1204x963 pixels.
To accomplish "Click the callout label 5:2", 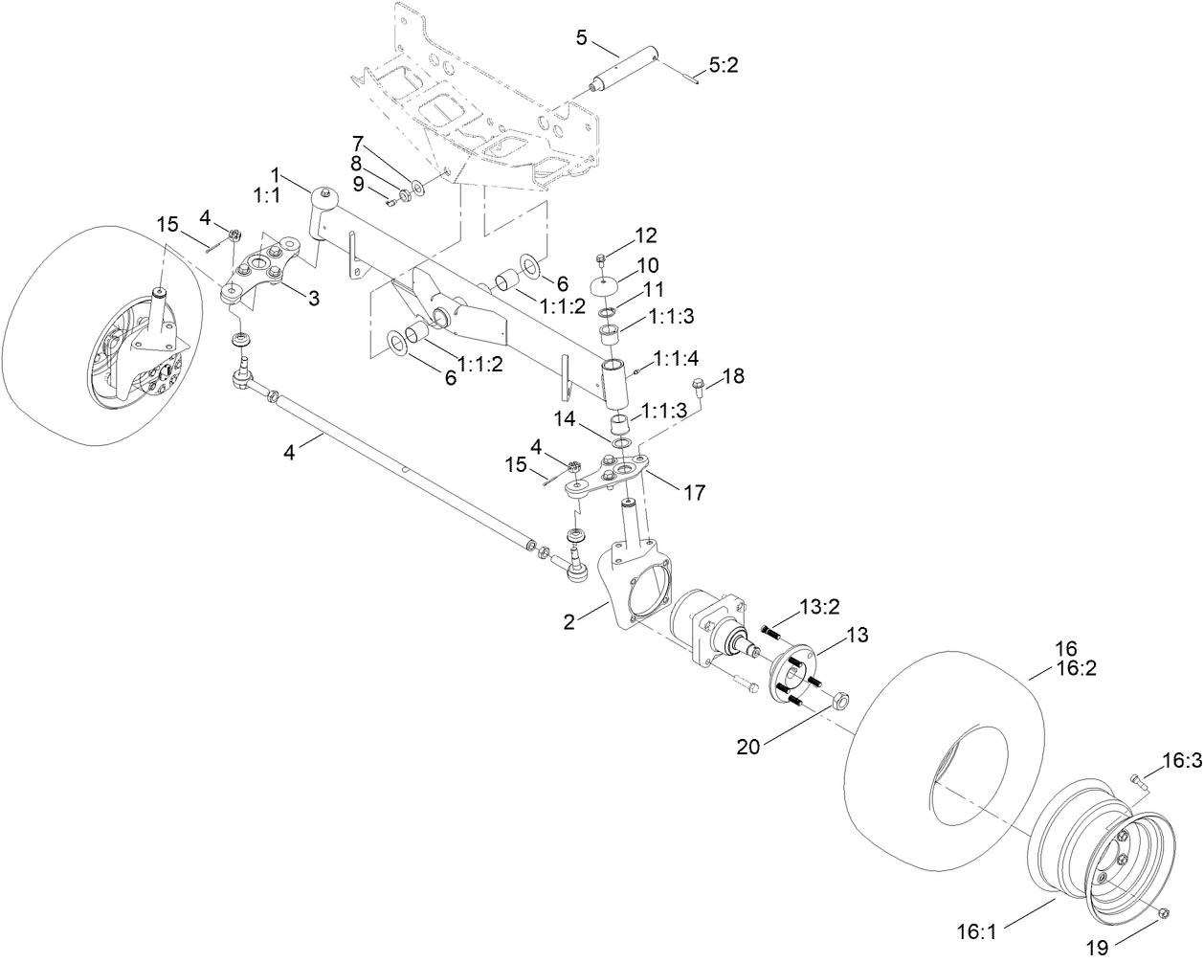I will [723, 65].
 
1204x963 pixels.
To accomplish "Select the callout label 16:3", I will [1180, 761].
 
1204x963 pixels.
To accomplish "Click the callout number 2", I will [569, 621].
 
